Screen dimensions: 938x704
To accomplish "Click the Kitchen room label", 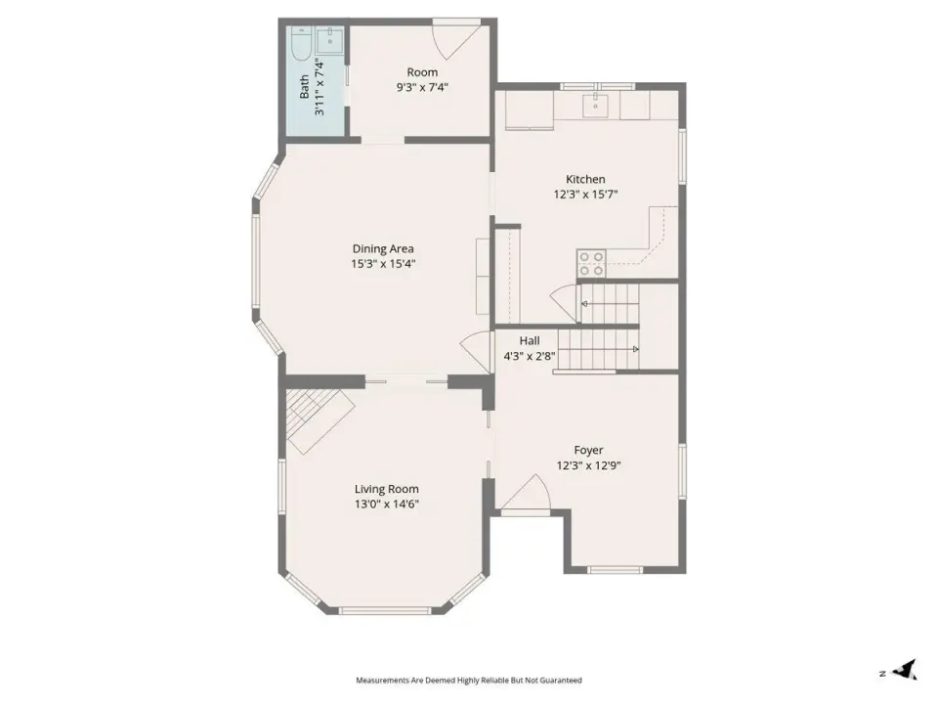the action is click(x=585, y=179).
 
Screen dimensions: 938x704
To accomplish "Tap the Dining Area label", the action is click(x=383, y=249).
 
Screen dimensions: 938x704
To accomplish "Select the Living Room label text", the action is click(x=387, y=489).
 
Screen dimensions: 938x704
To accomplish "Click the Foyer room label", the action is click(x=588, y=450).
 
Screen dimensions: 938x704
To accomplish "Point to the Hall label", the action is click(x=530, y=340).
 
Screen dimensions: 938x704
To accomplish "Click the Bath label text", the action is click(x=305, y=87).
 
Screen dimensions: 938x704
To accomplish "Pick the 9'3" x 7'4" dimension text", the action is click(x=422, y=87).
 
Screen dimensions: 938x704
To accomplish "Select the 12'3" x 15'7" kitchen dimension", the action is click(x=585, y=194).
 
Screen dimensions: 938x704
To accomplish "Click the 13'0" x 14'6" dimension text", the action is click(x=387, y=505).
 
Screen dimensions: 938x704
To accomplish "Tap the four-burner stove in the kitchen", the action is click(x=591, y=263).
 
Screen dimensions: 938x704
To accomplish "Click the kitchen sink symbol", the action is click(x=595, y=106).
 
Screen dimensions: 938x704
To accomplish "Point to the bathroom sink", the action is click(x=329, y=41).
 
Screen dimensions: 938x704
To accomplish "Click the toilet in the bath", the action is click(x=300, y=44).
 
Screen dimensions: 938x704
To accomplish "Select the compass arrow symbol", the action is click(x=904, y=670).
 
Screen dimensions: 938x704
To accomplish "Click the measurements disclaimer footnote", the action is click(x=469, y=681).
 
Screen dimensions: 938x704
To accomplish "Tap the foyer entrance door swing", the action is click(x=526, y=495).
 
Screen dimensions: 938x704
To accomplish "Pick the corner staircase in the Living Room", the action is click(x=319, y=420).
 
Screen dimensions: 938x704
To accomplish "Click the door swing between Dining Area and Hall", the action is click(x=476, y=353).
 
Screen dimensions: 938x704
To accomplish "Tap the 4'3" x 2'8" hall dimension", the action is click(x=530, y=356).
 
